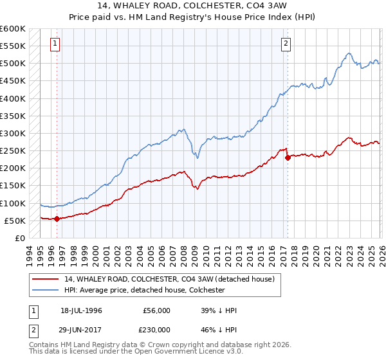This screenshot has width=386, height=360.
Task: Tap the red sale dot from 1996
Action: coord(57,219)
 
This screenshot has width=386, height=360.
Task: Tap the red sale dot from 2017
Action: coord(288,158)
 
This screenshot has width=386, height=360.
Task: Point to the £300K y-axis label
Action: coord(13,133)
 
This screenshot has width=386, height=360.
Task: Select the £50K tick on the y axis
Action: coord(15,221)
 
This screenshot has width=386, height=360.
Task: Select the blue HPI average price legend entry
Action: coord(144,290)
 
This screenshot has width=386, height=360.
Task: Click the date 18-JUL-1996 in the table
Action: coord(82,310)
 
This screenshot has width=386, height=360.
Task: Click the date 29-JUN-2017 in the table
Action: coord(82,330)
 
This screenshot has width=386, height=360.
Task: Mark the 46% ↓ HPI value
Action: coord(219,330)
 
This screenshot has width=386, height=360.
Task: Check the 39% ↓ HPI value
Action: coord(219,310)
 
